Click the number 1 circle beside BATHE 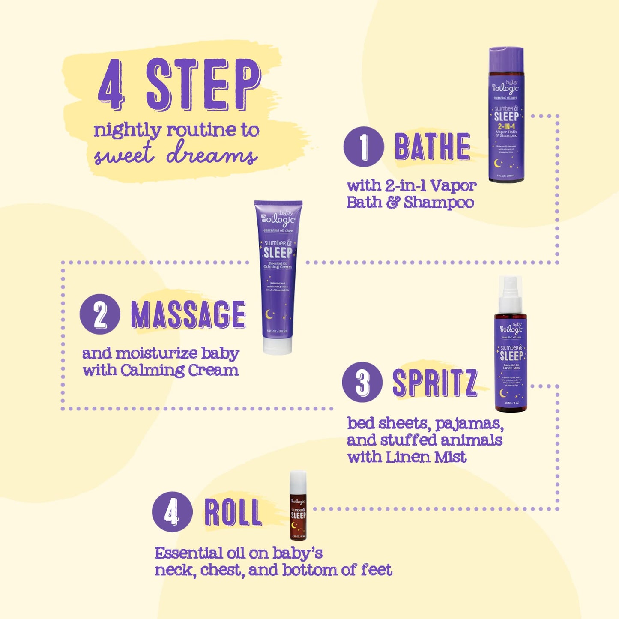click(x=363, y=147)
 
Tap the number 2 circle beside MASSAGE click(x=99, y=314)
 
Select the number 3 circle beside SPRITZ click(x=362, y=382)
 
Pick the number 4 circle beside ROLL click(x=172, y=511)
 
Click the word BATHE click(x=432, y=147)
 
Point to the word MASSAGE click(x=188, y=314)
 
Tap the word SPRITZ click(x=434, y=383)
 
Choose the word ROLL click(x=233, y=512)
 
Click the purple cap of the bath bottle click(x=506, y=58)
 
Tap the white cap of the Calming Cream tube click(x=277, y=346)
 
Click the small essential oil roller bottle click(x=298, y=505)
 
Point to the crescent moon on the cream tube click(x=269, y=315)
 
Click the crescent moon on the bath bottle click(x=498, y=163)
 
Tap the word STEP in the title click(x=203, y=84)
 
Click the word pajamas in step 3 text click(x=469, y=424)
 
